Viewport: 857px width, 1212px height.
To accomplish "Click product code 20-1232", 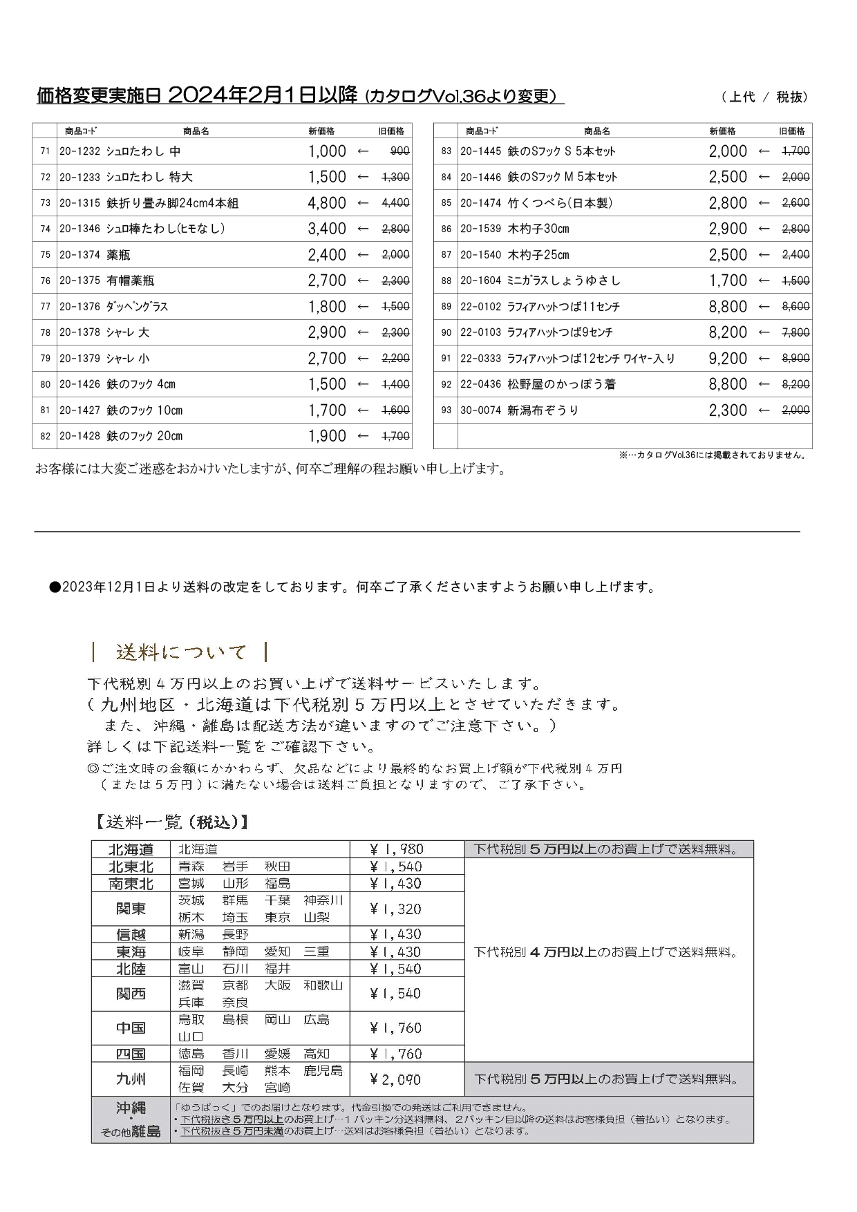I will click(x=79, y=151).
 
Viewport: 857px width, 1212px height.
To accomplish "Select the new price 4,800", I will click(x=327, y=203).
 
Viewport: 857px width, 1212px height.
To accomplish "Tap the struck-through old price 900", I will click(x=399, y=151).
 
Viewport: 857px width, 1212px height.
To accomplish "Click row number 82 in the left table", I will click(x=46, y=436).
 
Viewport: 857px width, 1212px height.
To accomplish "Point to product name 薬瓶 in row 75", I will click(x=118, y=255).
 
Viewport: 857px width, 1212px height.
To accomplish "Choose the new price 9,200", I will click(x=728, y=359).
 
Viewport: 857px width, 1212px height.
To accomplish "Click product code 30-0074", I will click(x=480, y=410).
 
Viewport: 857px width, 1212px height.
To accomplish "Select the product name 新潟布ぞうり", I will click(x=543, y=410).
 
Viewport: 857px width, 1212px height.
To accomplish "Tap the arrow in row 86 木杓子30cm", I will click(x=764, y=229).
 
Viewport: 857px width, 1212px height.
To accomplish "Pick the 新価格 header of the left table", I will click(x=321, y=131).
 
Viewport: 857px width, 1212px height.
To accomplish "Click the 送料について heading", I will click(x=181, y=652).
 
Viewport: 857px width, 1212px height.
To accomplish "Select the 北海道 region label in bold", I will click(x=131, y=849).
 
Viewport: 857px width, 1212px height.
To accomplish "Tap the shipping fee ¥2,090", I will click(x=395, y=1079).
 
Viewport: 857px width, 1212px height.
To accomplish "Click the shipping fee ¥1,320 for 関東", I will click(x=395, y=909).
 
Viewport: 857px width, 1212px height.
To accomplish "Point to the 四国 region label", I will click(x=131, y=1054).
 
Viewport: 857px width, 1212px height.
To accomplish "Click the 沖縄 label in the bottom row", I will click(x=131, y=1108).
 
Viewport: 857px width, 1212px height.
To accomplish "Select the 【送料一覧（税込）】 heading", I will click(x=170, y=822).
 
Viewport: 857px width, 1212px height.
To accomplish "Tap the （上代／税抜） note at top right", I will click(x=764, y=97).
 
